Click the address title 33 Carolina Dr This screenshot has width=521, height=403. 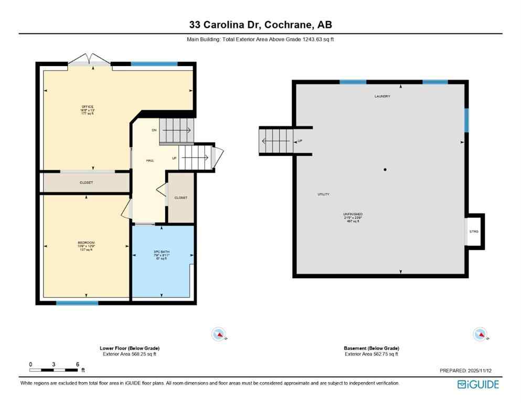coord(260,25)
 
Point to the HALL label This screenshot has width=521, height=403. coord(150,161)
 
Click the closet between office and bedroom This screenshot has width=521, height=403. coord(86,183)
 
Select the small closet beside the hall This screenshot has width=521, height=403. coord(180,198)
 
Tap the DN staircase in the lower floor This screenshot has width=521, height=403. coord(176,130)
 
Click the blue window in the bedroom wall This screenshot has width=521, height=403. coord(77,303)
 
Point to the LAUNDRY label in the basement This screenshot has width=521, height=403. coord(382,97)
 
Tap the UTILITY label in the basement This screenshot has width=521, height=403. coord(323,194)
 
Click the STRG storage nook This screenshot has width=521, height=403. coord(474,231)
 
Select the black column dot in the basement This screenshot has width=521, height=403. coord(385,169)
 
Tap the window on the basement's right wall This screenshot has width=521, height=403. coord(466,120)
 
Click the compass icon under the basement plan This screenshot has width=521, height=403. coord(479,334)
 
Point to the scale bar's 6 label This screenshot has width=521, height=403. coord(77,364)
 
